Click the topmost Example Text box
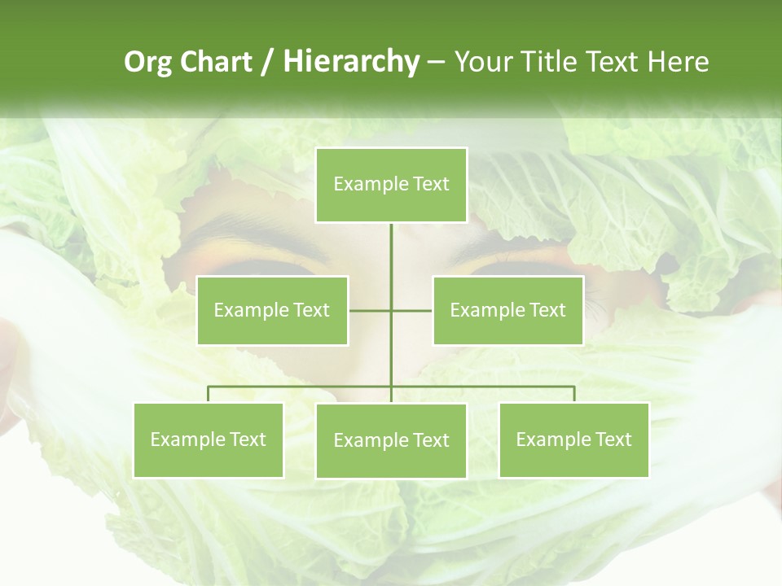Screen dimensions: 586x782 click(391, 185)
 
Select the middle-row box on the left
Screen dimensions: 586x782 click(272, 310)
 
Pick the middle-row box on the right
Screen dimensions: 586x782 click(507, 310)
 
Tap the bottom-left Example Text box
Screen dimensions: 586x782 click(208, 439)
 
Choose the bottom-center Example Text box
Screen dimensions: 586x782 click(391, 440)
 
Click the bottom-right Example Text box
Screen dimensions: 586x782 click(573, 439)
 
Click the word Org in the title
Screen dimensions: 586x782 click(147, 62)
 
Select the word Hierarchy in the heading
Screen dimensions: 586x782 click(350, 62)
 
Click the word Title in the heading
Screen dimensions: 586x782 click(555, 62)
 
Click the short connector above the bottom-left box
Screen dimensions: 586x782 click(208, 394)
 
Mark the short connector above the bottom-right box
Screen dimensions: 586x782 click(574, 394)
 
